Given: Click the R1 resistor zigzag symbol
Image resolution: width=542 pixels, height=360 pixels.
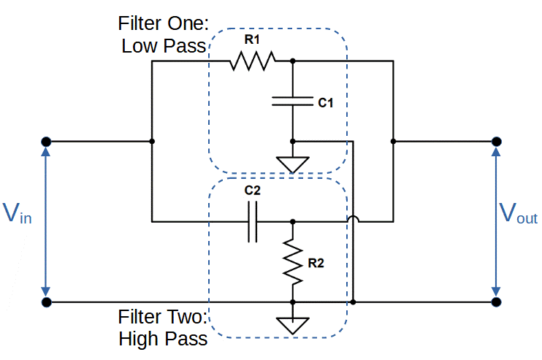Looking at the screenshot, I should click(253, 61).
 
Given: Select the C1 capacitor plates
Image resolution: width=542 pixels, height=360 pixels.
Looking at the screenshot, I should click(292, 102).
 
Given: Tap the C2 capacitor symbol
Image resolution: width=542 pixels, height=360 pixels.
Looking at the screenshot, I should click(253, 221).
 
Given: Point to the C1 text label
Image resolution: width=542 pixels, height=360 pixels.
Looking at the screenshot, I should click(326, 104).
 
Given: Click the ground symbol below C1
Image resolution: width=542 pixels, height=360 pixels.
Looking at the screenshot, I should click(292, 164).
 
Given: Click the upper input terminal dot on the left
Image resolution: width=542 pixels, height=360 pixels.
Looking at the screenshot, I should click(46, 141).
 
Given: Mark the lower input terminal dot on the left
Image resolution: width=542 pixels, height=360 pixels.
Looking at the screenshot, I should click(46, 302).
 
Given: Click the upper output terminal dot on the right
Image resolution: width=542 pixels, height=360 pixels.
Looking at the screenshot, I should click(497, 141).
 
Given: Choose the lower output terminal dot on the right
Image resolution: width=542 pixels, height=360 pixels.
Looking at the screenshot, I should click(497, 302).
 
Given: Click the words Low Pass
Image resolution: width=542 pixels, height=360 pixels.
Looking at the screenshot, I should click(165, 47).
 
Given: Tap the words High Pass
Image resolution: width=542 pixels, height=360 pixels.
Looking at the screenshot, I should click(163, 340).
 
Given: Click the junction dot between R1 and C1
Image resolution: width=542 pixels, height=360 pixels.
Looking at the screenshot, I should click(292, 61).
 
